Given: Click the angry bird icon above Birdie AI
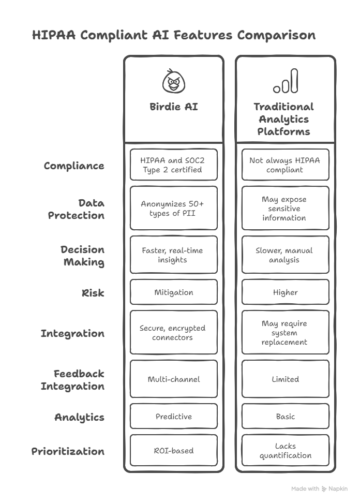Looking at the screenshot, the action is coord(173,81).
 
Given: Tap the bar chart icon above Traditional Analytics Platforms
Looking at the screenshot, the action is coord(286,81).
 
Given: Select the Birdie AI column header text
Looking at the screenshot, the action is coord(174,107).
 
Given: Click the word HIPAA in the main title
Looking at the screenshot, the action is coord(54,35).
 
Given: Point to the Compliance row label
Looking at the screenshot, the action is coord(74,166).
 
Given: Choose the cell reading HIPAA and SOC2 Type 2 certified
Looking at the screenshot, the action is coord(174,165).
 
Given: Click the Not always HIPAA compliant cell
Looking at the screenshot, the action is coord(286,165).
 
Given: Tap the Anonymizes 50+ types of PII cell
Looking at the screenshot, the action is coord(174,208).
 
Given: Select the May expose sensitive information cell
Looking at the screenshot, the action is coord(286,208).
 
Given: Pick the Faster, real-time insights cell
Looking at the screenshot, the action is coord(174,255).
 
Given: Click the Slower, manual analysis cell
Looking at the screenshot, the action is coord(286,255).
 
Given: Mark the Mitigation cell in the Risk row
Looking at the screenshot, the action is coord(174,292).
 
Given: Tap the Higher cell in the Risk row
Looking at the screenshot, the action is coord(286,292).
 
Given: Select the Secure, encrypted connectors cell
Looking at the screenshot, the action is coord(174,332).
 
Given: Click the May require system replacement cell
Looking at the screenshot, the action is coord(286,332).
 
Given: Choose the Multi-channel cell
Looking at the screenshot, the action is coord(174,379).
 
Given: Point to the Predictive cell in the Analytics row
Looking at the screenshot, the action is coord(174,416).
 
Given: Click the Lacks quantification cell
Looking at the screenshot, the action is coord(286,450).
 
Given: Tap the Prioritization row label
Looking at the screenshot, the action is coord(68,451).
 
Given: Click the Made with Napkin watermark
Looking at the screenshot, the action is coord(319,489).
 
